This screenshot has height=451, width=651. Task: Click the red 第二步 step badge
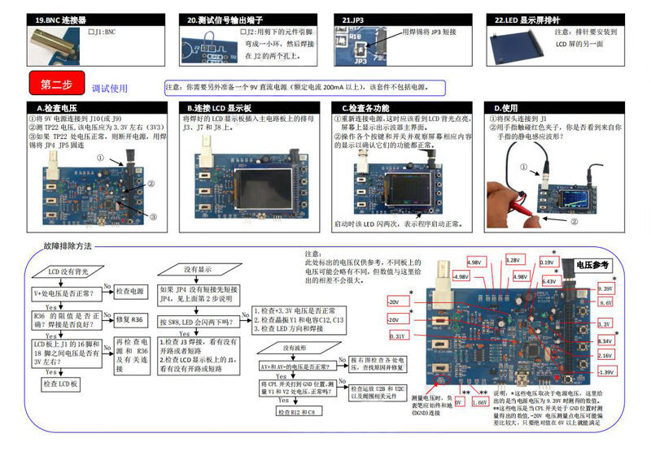click(55, 85)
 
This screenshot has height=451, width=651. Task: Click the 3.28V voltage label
click(513, 261)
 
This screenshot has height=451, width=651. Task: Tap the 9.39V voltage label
click(605, 288)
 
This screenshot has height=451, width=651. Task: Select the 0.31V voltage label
click(398, 336)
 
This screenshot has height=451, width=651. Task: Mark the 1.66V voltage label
click(480, 401)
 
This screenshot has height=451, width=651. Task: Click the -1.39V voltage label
click(605, 371)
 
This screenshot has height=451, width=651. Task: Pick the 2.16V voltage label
click(605, 355)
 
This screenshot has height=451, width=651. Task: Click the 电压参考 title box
click(592, 265)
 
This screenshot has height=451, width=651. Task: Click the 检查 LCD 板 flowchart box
click(61, 383)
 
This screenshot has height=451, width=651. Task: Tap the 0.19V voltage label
click(548, 262)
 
